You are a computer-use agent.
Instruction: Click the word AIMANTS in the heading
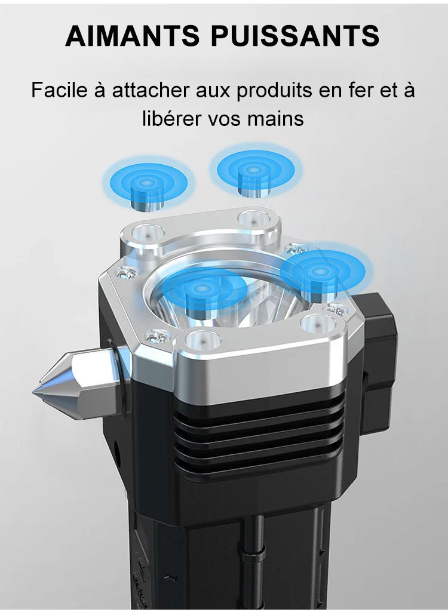click(x=133, y=35)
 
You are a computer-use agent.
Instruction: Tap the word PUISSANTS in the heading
click(x=295, y=35)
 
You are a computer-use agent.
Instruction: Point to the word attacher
click(x=151, y=91)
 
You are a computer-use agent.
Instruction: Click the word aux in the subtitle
click(x=213, y=92)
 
